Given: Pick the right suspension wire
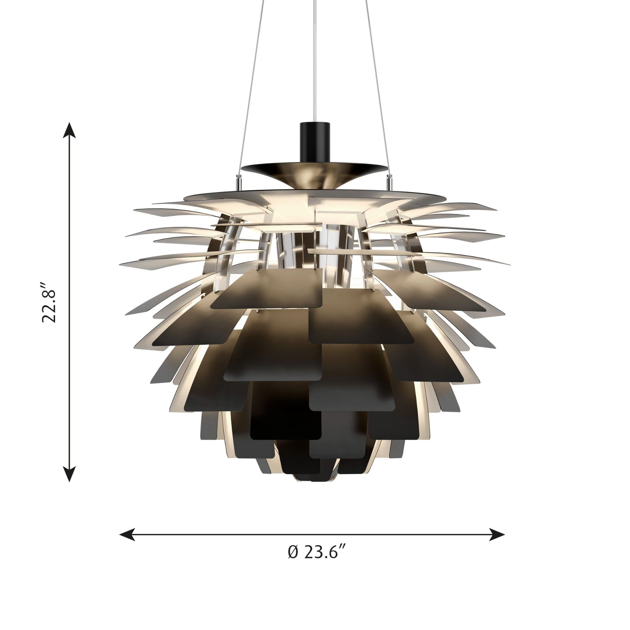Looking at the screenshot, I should point(378,87).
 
